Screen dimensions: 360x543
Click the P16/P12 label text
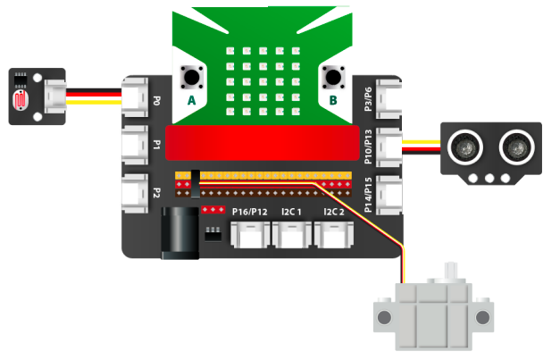pos(249,212)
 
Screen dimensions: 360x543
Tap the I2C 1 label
pos(293,212)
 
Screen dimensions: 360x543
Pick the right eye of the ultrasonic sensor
pos(514,145)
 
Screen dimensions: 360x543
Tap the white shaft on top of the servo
pos(452,272)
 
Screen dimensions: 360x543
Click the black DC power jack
pos(178,233)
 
